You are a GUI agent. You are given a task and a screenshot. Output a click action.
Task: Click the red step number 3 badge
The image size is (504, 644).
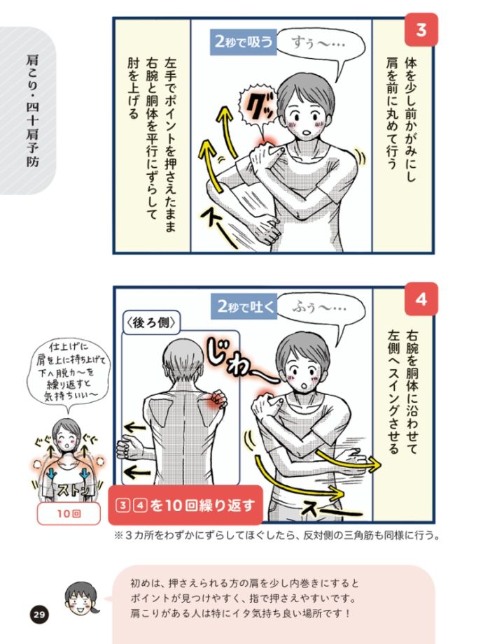pos(421,30)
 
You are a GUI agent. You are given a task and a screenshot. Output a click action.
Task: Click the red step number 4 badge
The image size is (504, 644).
pos(421,299)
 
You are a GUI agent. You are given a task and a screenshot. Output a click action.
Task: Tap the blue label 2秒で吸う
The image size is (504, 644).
pos(244,41)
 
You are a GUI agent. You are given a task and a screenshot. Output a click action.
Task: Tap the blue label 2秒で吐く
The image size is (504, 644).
pos(244,306)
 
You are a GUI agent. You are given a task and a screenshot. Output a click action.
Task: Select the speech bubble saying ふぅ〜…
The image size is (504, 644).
pos(321,308)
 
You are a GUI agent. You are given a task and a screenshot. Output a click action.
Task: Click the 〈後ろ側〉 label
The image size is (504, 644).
pos(152,322)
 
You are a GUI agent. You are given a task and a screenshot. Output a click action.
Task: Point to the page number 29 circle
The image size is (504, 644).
pos(38,615)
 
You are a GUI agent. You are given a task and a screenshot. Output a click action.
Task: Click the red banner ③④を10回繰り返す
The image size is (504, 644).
pos(185,506)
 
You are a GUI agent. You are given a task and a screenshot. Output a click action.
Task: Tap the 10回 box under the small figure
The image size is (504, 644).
pos(69,513)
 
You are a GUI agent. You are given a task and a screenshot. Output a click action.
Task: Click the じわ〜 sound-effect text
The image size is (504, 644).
pos(239,359)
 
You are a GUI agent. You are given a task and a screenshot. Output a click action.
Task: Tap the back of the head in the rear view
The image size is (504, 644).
pos(183,359)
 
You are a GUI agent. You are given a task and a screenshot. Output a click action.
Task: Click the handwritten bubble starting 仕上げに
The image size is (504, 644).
pos(68,372)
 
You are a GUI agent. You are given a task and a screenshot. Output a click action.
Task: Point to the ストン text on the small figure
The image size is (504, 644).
pos(72,489)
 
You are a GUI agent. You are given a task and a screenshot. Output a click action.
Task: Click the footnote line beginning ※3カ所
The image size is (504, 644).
pos(276,536)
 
